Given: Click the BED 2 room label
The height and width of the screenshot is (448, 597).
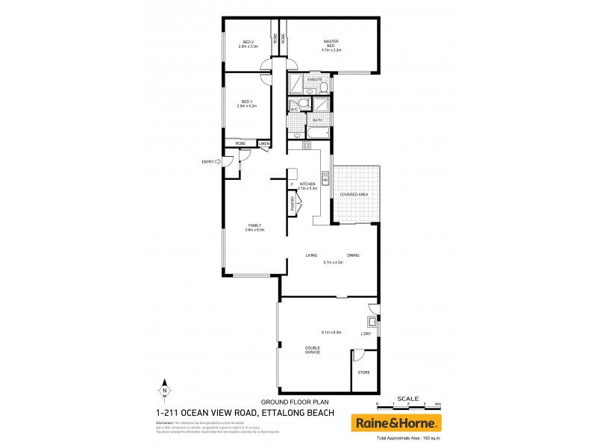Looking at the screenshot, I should pyautogui.click(x=247, y=42).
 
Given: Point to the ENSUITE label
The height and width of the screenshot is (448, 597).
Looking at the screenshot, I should pyautogui.click(x=314, y=79).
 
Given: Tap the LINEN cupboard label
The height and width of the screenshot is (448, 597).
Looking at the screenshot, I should pyautogui.click(x=264, y=143).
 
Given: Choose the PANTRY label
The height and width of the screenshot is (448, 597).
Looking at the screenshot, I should pyautogui.click(x=284, y=203).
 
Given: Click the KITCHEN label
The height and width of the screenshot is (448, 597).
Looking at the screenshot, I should pyautogui.click(x=307, y=184).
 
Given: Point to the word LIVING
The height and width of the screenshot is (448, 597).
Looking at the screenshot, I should pyautogui.click(x=311, y=256).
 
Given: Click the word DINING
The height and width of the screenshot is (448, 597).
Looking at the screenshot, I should pyautogui.click(x=353, y=256).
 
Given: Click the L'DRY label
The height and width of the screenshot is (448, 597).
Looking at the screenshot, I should pyautogui.click(x=366, y=333).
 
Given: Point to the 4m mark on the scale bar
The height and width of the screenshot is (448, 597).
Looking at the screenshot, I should pyautogui.click(x=439, y=404).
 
